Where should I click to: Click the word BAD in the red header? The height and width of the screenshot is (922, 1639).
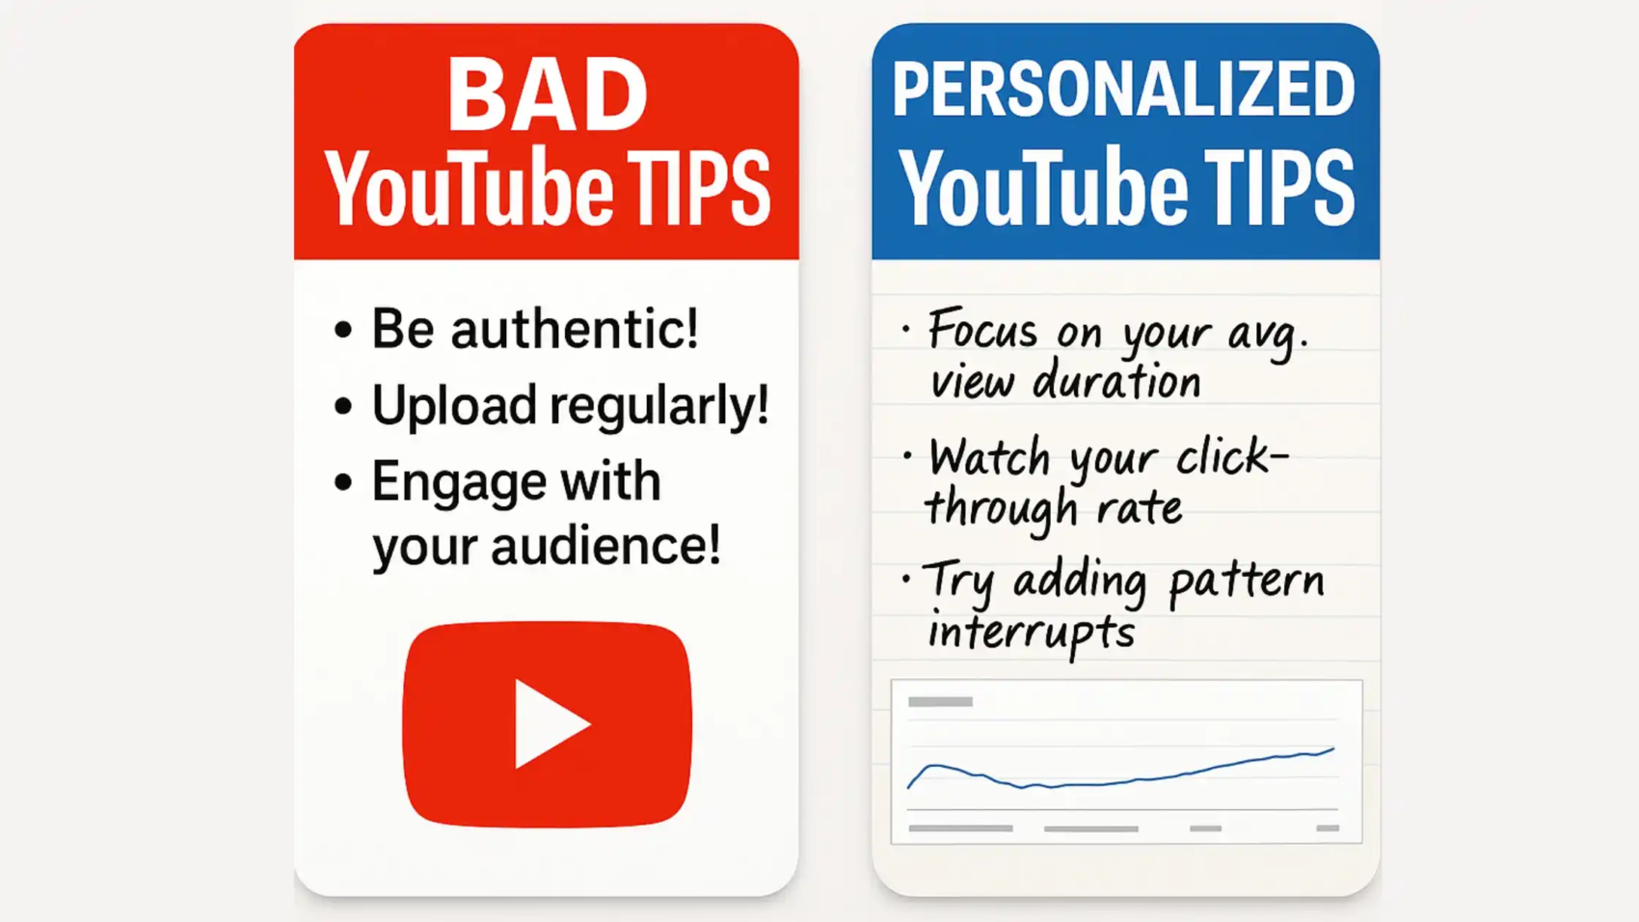coord(547,95)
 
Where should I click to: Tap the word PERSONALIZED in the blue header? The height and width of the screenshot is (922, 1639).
coord(1123,90)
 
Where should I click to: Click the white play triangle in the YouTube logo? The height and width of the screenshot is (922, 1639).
coord(549,724)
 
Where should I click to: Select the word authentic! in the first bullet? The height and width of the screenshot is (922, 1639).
coord(575,329)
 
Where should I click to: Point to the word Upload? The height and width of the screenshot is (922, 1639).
coord(454,406)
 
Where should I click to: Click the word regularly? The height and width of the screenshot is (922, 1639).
coord(659,406)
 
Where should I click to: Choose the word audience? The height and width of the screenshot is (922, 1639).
coord(605,546)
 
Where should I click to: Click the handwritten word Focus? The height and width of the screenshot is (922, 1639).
coord(982,331)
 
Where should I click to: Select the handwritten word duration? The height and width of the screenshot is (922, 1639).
coord(1116,382)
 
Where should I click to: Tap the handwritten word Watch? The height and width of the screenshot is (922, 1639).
coord(989,457)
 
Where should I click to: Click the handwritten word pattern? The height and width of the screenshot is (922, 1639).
coord(1246,582)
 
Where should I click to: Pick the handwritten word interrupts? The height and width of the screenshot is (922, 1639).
coord(1031,634)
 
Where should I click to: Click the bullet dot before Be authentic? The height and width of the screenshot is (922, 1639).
coord(343,330)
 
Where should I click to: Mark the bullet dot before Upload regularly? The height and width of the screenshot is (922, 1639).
coord(343,406)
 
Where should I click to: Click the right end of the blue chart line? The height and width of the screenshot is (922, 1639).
coord(1333,748)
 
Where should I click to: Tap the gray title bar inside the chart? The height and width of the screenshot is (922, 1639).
coord(940,702)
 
